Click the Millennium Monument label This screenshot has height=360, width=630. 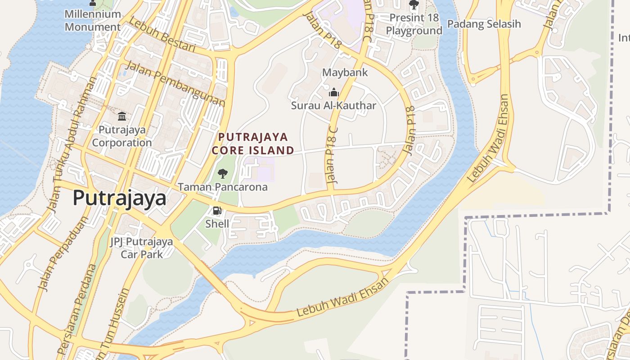[93, 20]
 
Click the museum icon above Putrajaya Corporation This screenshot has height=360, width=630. [122, 117]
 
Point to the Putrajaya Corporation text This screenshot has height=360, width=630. [122, 136]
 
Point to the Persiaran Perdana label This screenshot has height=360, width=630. [77, 310]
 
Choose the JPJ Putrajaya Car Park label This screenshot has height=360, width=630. [141, 248]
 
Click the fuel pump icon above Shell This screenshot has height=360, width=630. [217, 211]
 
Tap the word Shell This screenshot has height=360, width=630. [217, 224]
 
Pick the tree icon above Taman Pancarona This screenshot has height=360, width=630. [222, 173]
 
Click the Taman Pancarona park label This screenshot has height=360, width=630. [223, 187]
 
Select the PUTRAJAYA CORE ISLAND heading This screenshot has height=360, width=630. [253, 143]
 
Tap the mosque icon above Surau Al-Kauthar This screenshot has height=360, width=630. [333, 93]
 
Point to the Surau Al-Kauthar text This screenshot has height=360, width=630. [333, 106]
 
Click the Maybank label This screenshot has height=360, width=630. [345, 72]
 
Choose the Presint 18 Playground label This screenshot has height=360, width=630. [414, 24]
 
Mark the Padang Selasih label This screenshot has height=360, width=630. [484, 24]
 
